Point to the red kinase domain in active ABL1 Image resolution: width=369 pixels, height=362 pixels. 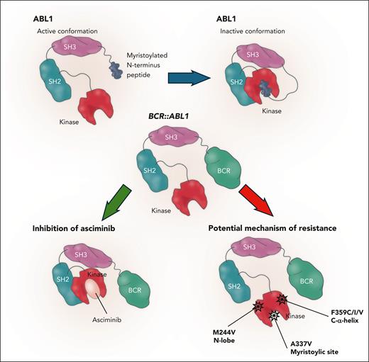pos(83,104)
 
